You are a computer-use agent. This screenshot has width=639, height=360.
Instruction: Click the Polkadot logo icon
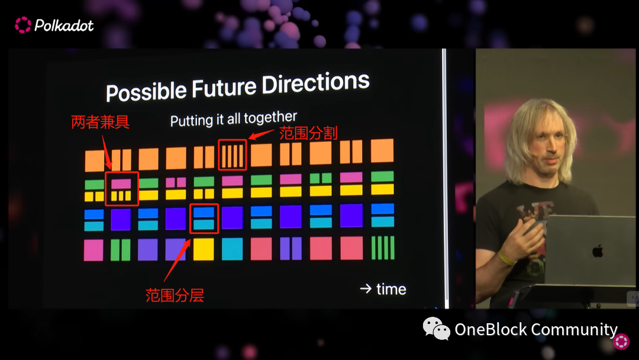[23, 25]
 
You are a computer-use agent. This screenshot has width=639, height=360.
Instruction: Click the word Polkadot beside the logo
[64, 25]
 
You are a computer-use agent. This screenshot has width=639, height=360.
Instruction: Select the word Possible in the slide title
[146, 91]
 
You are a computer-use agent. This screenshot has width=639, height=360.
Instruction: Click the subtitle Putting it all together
[234, 118]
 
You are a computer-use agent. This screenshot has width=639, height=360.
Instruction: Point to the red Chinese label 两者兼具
[100, 122]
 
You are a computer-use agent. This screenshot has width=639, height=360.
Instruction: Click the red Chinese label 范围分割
[308, 133]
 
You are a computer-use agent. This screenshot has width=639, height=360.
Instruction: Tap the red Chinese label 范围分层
[175, 295]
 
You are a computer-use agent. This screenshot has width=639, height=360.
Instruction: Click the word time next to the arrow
[391, 289]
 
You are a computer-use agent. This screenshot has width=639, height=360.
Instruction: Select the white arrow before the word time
[366, 289]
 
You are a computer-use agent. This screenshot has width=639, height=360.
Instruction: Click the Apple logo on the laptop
[598, 250]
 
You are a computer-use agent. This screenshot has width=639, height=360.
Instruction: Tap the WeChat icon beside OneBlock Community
[436, 329]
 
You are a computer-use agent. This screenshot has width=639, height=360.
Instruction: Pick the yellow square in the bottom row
[204, 249]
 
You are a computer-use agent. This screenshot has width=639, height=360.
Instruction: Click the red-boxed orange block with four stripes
[233, 155]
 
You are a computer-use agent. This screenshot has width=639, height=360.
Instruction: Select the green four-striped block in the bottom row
[383, 247]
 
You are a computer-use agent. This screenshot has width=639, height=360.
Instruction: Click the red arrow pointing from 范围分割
[262, 134]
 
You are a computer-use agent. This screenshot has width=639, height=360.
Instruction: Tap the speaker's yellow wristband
[505, 258]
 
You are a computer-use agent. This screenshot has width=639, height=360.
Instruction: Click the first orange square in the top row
[95, 160]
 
